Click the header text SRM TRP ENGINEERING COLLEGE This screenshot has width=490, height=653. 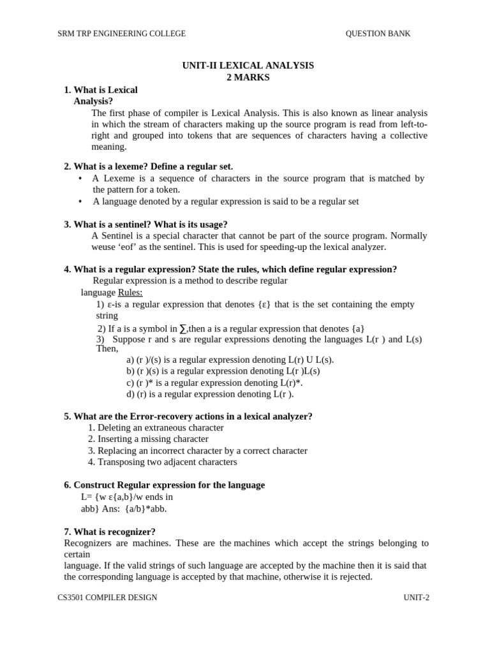click(122, 34)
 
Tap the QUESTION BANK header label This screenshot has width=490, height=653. click(378, 34)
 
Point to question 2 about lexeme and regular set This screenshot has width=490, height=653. click(148, 166)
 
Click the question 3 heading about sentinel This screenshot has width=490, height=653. click(145, 224)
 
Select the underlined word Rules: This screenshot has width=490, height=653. click(130, 292)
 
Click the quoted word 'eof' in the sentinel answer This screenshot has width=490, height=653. click(124, 247)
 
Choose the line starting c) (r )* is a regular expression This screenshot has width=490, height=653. click(214, 383)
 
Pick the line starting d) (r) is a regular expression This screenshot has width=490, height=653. click(210, 394)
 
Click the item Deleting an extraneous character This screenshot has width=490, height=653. click(156, 428)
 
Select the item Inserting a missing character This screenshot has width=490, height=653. click(148, 439)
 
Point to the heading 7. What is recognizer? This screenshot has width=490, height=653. click(110, 532)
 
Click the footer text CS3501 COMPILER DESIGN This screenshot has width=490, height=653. click(107, 598)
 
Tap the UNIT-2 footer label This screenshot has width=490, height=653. click(416, 598)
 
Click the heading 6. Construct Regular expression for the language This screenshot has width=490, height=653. click(164, 485)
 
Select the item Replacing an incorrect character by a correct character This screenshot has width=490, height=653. click(197, 451)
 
